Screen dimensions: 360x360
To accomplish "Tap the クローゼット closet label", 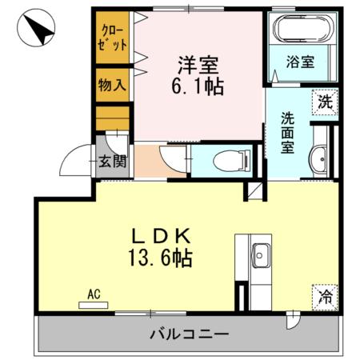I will coord(113,39).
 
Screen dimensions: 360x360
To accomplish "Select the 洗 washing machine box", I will coord(325,102).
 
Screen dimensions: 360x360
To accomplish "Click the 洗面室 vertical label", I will coord(286,132).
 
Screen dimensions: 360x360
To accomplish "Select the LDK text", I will coord(161,236).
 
